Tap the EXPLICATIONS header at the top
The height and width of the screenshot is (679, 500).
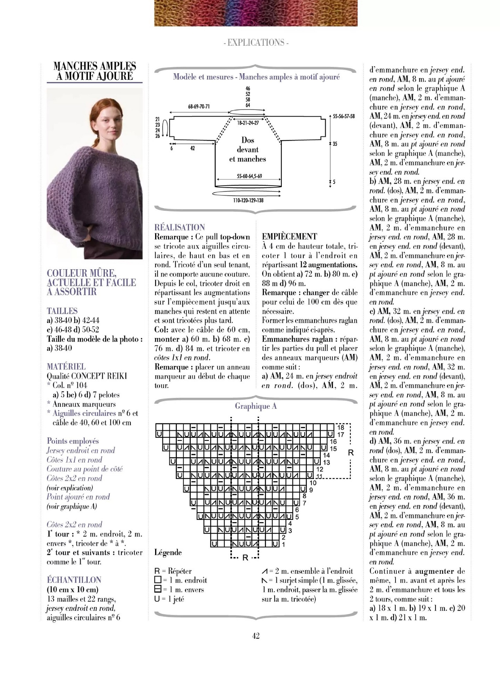256,42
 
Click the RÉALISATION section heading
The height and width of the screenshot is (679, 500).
180,227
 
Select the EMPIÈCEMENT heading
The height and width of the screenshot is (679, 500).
289,237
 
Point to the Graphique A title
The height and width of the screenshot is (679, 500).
256,406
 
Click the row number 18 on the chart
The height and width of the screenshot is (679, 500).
340,428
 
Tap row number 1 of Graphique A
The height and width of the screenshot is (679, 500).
284,544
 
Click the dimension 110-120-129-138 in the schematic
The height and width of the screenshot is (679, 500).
248,200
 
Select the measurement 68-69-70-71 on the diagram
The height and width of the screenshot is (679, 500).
199,106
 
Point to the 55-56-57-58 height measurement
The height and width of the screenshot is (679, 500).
343,116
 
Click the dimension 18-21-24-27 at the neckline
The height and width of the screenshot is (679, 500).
248,123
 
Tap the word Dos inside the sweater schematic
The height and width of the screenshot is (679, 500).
248,140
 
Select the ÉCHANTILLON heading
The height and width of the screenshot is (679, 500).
74,580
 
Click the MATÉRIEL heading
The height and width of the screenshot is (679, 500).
66,366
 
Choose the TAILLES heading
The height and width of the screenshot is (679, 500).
62,311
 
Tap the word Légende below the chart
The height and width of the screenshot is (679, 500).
168,552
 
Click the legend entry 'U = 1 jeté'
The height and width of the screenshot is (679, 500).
169,599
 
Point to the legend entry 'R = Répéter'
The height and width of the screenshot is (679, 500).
173,571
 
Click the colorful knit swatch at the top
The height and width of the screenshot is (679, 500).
256,13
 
